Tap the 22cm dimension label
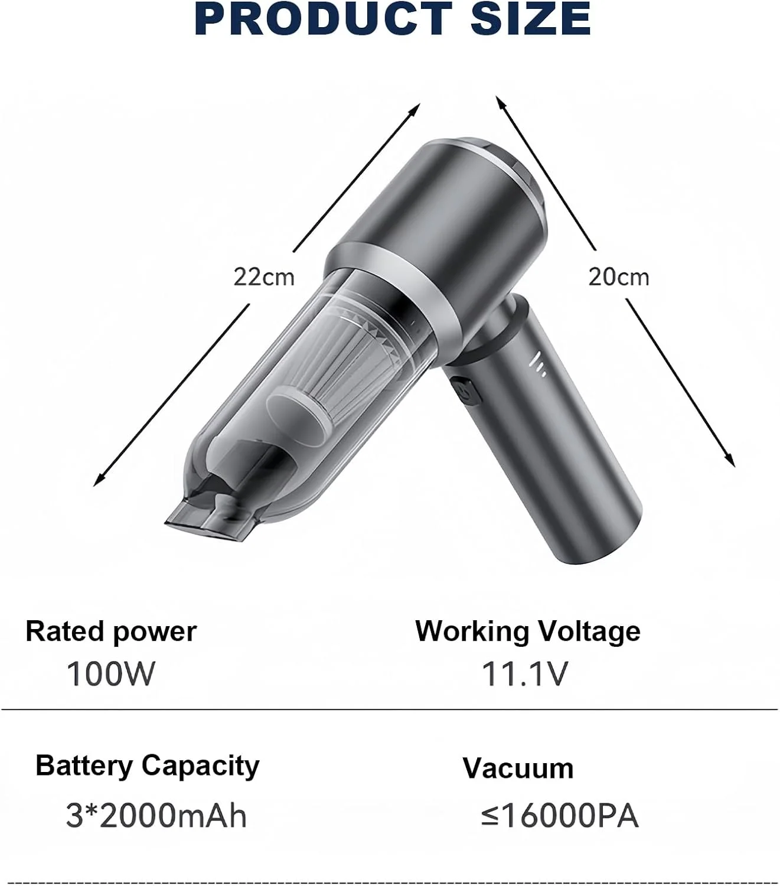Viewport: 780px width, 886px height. pos(264,277)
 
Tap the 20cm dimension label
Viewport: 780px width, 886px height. pos(619,277)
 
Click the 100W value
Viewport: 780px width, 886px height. pos(111,674)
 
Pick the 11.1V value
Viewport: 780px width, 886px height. pos(524,674)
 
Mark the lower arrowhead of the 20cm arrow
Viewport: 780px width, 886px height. pos(729,460)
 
